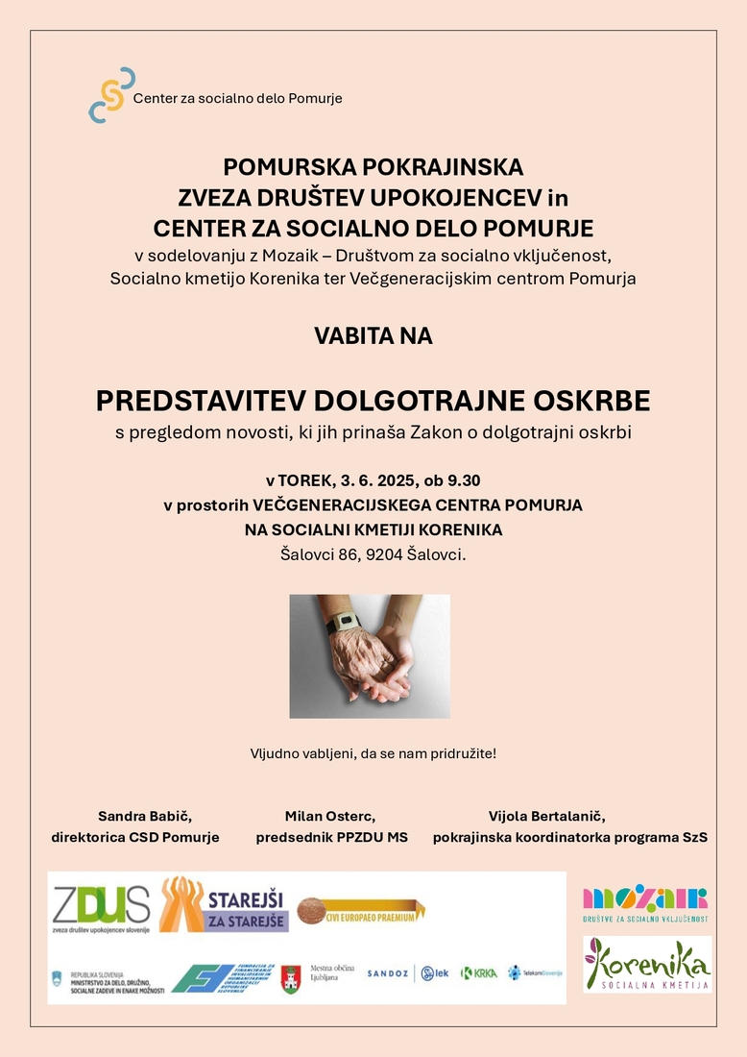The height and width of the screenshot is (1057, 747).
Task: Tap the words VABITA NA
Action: [x=373, y=336]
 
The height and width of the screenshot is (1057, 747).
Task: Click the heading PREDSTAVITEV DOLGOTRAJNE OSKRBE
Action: [x=373, y=400]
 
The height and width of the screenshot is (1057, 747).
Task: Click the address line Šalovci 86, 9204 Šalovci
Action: [x=373, y=553]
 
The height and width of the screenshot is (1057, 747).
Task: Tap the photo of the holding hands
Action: [x=370, y=655]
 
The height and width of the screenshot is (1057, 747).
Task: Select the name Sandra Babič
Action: [x=145, y=816]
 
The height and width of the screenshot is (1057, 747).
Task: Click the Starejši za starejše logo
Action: [x=224, y=905]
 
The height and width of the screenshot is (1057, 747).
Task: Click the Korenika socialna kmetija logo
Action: [x=647, y=965]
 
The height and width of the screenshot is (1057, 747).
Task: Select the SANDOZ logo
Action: [x=388, y=973]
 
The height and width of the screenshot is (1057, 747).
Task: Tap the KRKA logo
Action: [x=479, y=973]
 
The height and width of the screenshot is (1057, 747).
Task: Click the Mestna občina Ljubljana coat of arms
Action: [x=291, y=978]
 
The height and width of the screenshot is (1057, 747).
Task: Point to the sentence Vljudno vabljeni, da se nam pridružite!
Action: [x=373, y=752]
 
